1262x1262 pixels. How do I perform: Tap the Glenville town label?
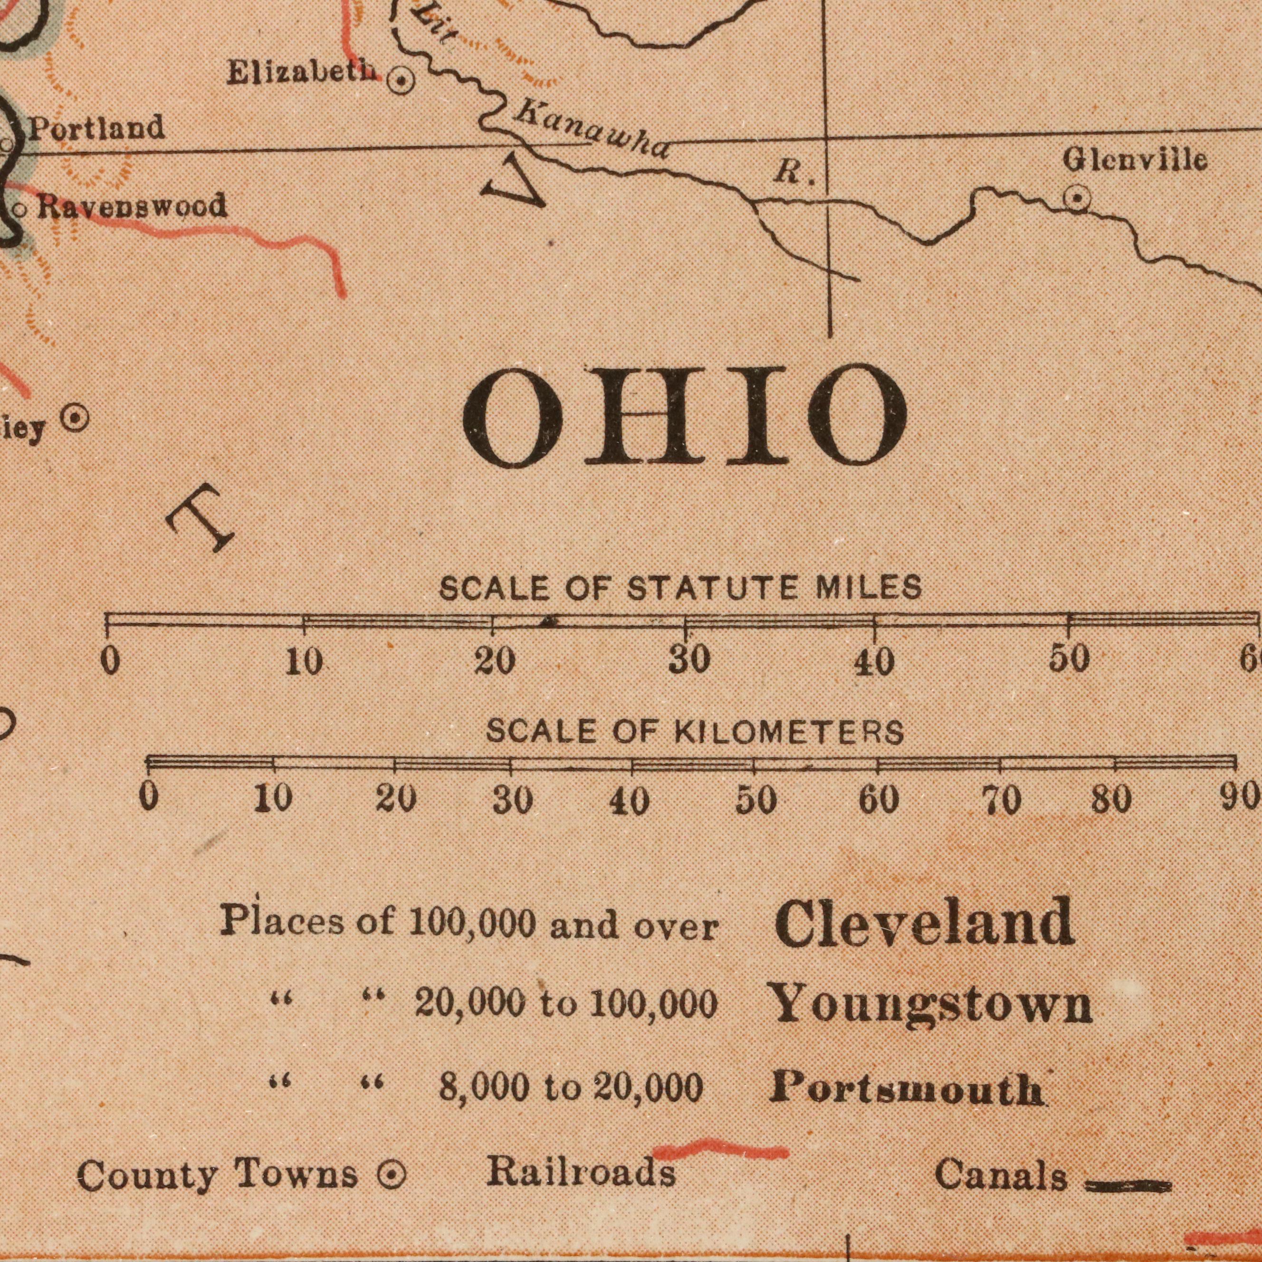(1135, 160)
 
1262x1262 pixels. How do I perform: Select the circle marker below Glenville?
(1077, 198)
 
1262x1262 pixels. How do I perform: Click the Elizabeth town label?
(303, 73)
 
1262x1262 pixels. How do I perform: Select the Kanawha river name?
(591, 133)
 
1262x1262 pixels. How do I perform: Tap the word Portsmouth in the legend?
(907, 1089)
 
